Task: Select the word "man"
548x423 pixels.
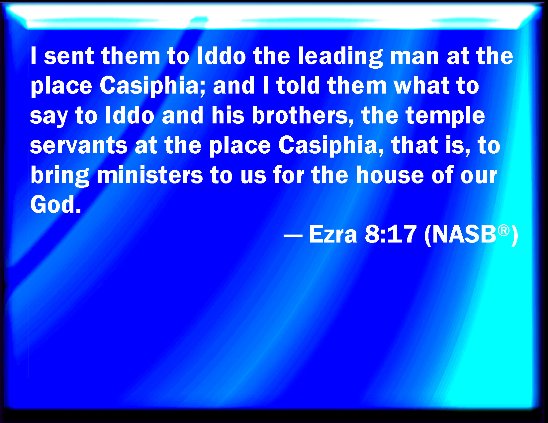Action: [414, 57]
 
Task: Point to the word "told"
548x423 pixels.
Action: [298, 85]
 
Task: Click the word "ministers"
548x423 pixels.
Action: [150, 175]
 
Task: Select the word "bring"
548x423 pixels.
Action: [60, 176]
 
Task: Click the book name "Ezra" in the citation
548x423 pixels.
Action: [333, 234]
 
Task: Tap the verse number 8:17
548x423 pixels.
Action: [390, 234]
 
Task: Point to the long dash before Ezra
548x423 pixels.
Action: [293, 236]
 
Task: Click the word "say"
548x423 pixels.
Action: [49, 117]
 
